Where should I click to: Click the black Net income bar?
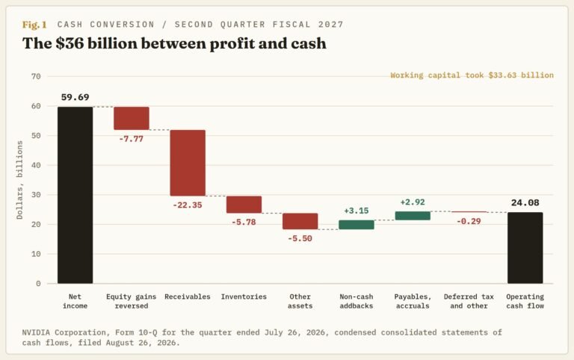(x=75, y=195)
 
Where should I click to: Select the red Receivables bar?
(x=188, y=163)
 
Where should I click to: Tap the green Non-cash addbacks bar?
(x=357, y=225)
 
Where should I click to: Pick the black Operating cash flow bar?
(x=525, y=248)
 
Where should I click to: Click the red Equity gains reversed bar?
(x=132, y=118)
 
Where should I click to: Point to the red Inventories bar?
(x=244, y=205)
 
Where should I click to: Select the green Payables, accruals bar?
(x=413, y=216)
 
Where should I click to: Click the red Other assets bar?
(x=300, y=221)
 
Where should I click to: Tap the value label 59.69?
(x=75, y=97)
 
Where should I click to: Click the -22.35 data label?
(x=188, y=205)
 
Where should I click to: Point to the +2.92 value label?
(x=413, y=202)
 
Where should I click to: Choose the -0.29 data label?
(x=469, y=221)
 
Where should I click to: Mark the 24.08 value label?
(x=525, y=202)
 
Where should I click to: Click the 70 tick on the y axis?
(x=36, y=76)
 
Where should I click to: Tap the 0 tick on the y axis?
(x=38, y=284)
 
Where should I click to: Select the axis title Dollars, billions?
(x=19, y=180)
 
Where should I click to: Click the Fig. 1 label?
(x=34, y=25)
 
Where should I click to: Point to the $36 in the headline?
(x=70, y=43)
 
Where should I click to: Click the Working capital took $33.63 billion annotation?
(x=472, y=75)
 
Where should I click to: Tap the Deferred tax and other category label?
(x=469, y=301)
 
